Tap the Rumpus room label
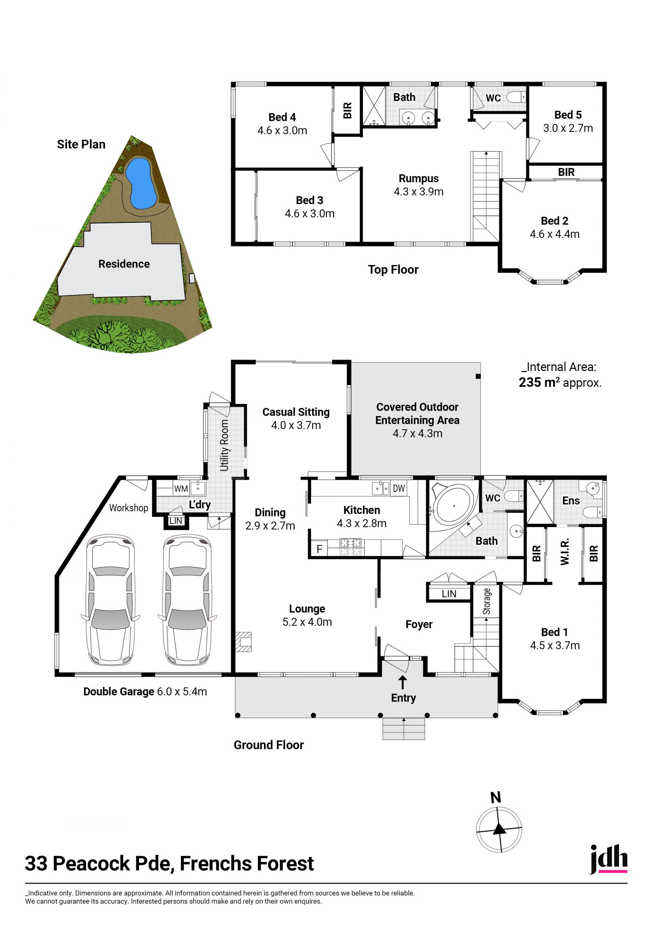click(418, 179)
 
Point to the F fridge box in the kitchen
click(320, 549)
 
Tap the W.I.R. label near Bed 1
click(565, 552)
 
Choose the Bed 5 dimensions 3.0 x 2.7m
click(568, 128)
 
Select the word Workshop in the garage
click(129, 508)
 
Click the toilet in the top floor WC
click(515, 97)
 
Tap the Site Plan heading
click(81, 144)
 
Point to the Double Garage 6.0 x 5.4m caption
click(145, 692)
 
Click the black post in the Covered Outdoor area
click(478, 376)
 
